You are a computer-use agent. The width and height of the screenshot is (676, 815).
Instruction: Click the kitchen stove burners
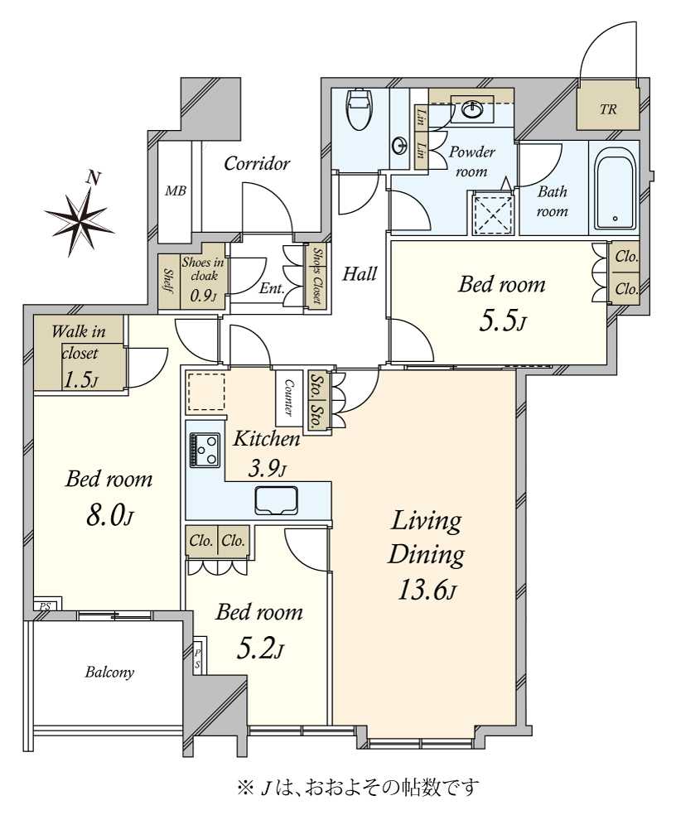point(205,451)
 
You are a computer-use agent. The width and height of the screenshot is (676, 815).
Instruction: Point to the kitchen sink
point(276,500)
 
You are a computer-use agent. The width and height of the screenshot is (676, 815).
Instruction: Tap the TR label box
point(608,109)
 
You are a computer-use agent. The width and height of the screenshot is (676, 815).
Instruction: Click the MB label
point(176,190)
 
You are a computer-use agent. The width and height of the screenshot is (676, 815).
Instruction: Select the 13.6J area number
point(427,590)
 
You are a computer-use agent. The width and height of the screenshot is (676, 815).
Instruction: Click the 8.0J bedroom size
point(109,517)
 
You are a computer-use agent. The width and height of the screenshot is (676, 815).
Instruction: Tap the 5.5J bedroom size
point(502,321)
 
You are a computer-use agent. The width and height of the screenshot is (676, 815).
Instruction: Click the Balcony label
point(109,672)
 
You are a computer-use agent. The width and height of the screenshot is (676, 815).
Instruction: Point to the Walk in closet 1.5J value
point(80,380)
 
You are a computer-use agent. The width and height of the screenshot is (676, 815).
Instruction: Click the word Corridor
point(256,164)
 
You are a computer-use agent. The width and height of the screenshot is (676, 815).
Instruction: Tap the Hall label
point(360,274)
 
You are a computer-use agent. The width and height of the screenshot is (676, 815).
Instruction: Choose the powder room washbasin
point(472,109)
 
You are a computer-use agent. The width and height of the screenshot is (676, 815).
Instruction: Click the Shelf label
point(168,282)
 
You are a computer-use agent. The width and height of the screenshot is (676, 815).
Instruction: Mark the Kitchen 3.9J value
point(267,470)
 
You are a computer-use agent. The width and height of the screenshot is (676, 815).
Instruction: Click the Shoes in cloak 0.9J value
point(202,297)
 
